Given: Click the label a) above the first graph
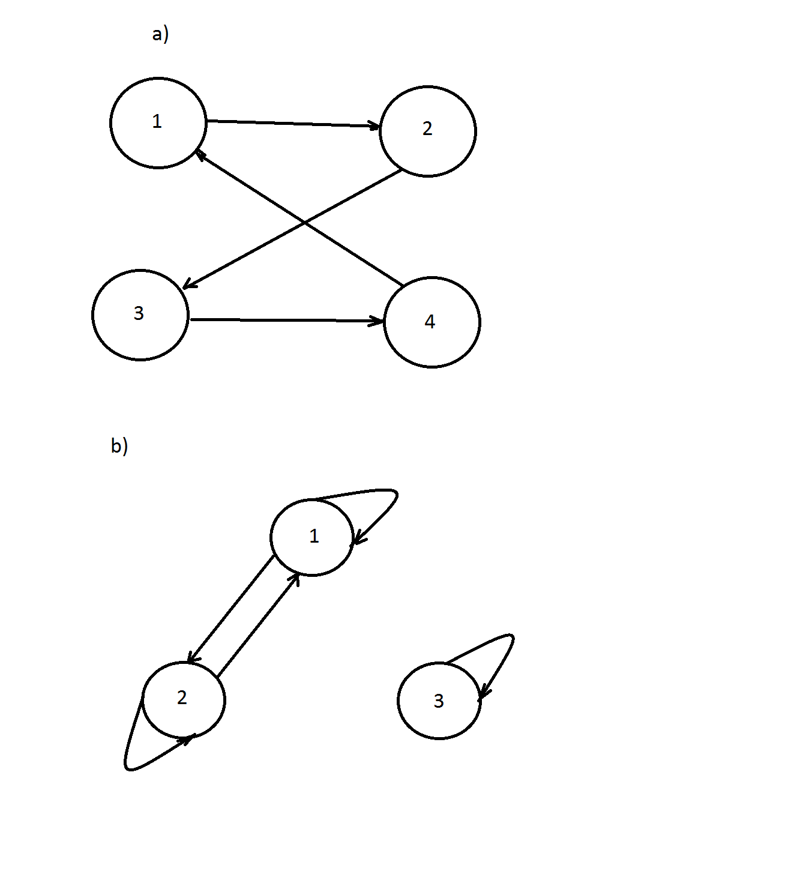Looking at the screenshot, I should pyautogui.click(x=160, y=35).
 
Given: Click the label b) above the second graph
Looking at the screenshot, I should pyautogui.click(x=119, y=446).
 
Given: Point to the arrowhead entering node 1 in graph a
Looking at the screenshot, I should pyautogui.click(x=200, y=154).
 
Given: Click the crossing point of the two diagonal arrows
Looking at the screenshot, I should pyautogui.click(x=305, y=223).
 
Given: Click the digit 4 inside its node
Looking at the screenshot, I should pyautogui.click(x=430, y=322).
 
